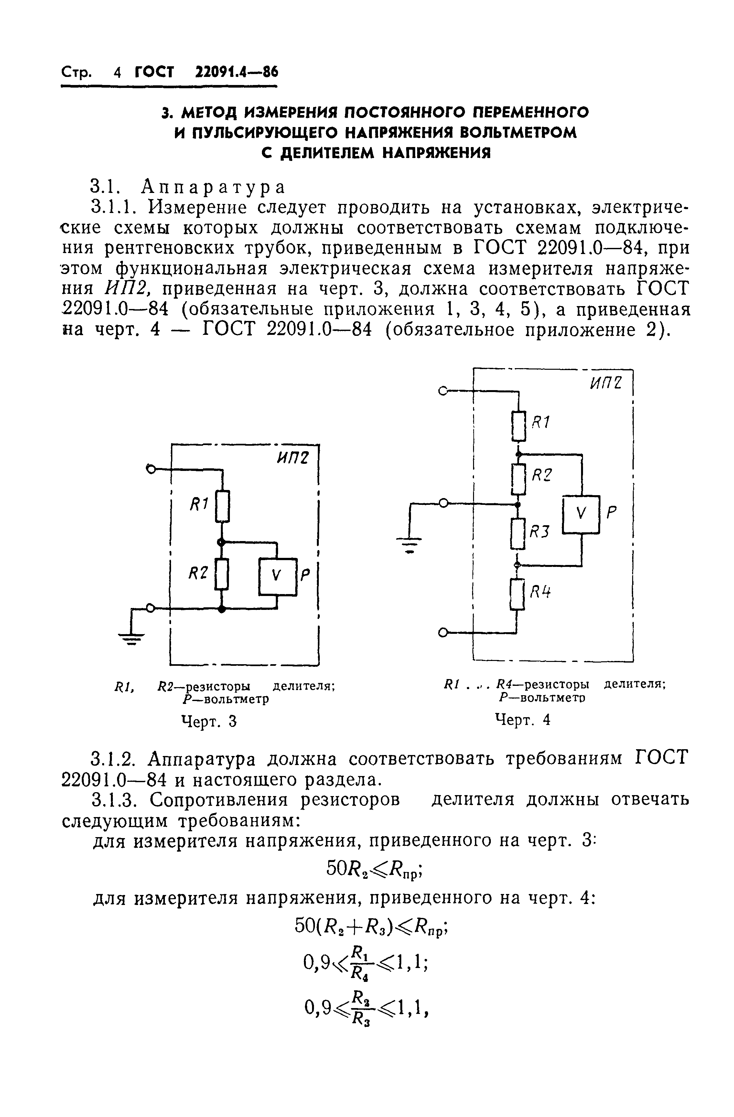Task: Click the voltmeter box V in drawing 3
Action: tap(277, 577)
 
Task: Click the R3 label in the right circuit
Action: tap(539, 531)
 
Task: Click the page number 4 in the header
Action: tap(117, 73)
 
